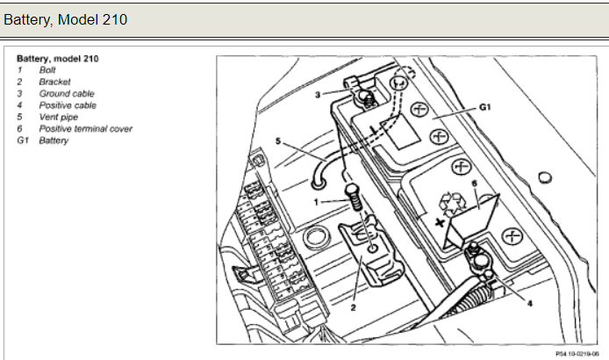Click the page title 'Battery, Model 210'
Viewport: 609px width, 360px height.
click(65, 19)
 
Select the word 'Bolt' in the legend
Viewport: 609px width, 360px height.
click(47, 70)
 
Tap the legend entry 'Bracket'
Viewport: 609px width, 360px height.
click(54, 82)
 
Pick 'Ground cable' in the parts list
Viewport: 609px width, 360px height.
click(67, 94)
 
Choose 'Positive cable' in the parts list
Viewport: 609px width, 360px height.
click(68, 105)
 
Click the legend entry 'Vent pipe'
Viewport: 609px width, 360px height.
click(59, 117)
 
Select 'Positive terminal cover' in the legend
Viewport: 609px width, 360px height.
click(86, 129)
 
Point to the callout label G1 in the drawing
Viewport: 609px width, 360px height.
click(485, 107)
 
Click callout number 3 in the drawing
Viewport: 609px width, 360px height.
click(318, 95)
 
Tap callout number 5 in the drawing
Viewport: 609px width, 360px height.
click(278, 140)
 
